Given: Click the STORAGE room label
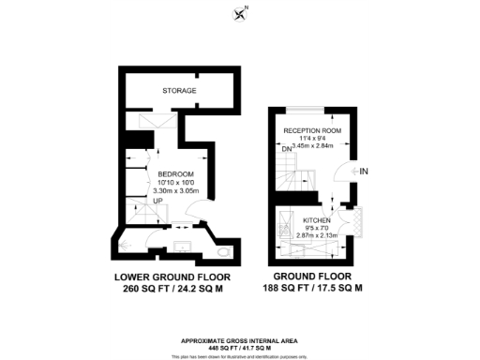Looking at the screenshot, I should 179,91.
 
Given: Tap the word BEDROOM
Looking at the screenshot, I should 175,175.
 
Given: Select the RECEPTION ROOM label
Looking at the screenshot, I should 311,130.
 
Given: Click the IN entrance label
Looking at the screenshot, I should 364,171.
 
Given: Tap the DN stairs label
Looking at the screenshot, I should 285,149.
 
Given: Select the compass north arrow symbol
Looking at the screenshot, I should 240,12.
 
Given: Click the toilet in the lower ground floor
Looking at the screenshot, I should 221,252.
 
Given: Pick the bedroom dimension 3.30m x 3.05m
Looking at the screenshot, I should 176,192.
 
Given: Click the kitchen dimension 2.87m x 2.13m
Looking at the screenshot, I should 317,235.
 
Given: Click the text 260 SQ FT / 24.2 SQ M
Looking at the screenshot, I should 172,291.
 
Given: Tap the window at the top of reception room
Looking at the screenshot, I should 311,113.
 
